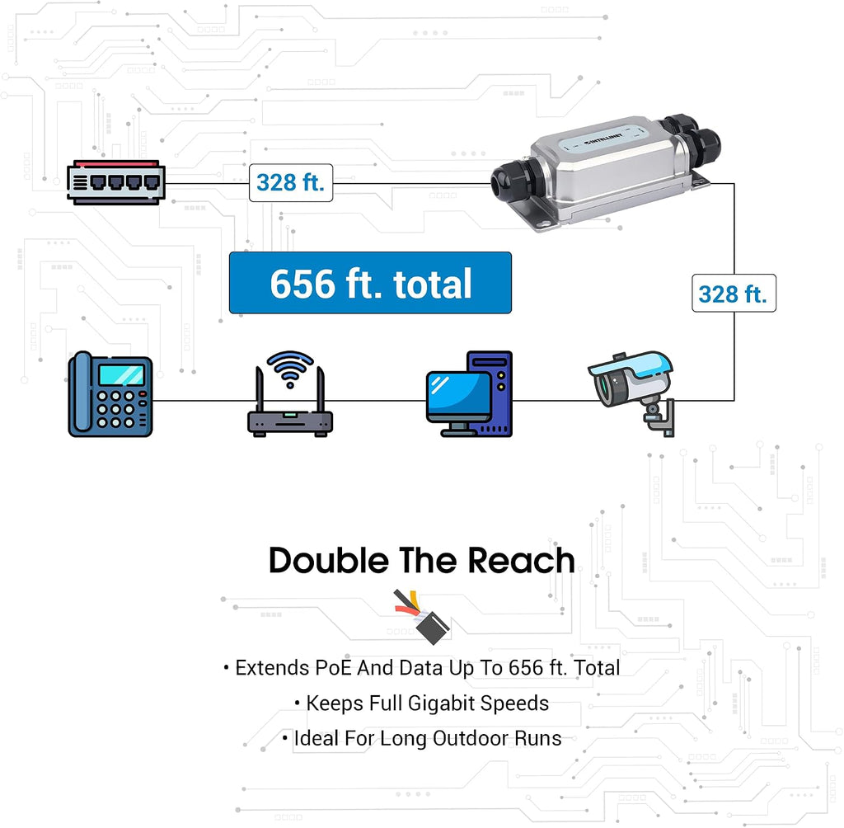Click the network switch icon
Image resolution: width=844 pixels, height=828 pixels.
click(x=115, y=182)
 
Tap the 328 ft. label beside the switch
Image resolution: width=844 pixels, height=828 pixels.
click(x=291, y=182)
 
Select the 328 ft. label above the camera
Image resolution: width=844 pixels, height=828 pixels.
click(x=734, y=293)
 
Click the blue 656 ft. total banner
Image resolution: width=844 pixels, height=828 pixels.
click(x=370, y=283)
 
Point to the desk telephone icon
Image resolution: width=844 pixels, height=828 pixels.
click(x=110, y=394)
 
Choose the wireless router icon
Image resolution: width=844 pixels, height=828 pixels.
click(x=290, y=394)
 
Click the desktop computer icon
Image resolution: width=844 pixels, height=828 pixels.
click(x=469, y=394)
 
